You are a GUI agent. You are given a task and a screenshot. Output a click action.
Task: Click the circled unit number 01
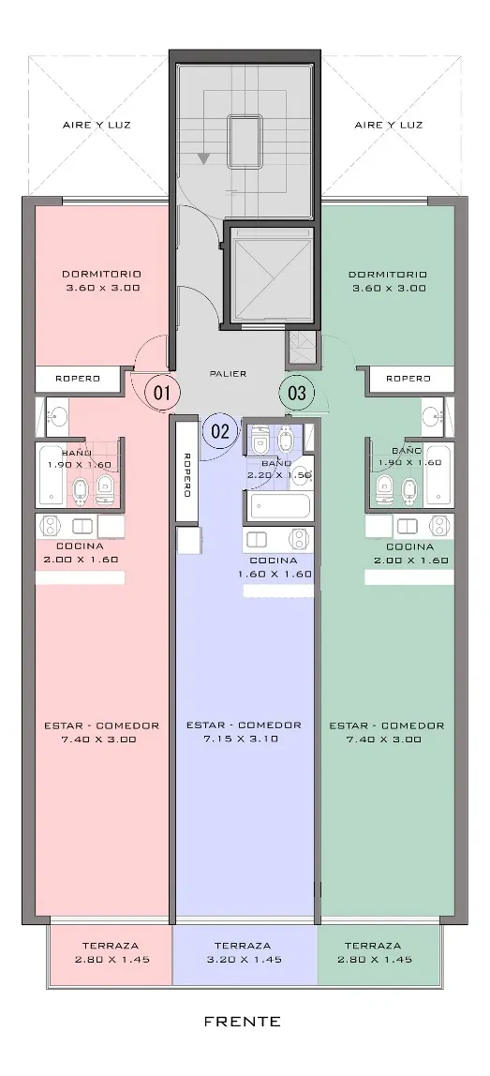pyautogui.click(x=162, y=394)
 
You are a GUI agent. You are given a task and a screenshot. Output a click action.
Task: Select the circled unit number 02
pyautogui.click(x=220, y=432)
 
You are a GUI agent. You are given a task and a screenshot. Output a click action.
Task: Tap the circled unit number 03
pyautogui.click(x=296, y=394)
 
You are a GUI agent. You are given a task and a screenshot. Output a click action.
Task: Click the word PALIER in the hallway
pyautogui.click(x=228, y=374)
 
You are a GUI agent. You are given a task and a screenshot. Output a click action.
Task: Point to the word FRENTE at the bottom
pyautogui.click(x=243, y=1022)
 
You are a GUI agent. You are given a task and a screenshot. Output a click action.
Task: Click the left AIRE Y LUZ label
pyautogui.click(x=97, y=125)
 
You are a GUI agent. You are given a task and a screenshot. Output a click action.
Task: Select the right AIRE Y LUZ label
pyautogui.click(x=389, y=125)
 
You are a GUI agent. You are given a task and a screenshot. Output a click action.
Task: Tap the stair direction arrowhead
pyautogui.click(x=203, y=158)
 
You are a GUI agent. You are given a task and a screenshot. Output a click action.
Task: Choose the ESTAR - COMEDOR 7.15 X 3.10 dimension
pyautogui.click(x=243, y=740)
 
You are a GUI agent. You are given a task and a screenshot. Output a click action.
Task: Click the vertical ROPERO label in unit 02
pyautogui.click(x=186, y=473)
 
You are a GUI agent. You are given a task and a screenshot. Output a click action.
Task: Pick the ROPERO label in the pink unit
pyautogui.click(x=78, y=378)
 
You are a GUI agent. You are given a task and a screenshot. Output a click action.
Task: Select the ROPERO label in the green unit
pyautogui.click(x=408, y=378)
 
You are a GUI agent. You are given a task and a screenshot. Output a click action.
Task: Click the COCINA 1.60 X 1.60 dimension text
pyautogui.click(x=275, y=575)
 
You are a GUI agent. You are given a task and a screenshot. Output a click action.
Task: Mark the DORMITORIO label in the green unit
pyautogui.click(x=388, y=275)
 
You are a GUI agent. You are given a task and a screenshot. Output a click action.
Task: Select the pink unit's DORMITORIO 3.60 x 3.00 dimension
pyautogui.click(x=103, y=289)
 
